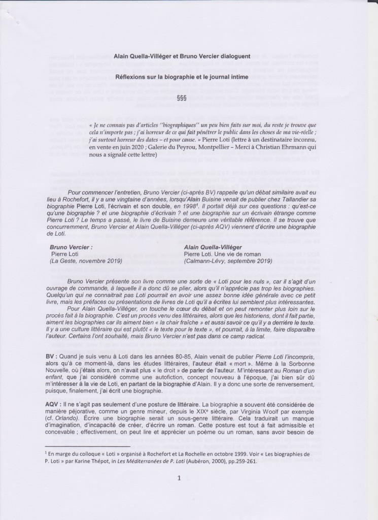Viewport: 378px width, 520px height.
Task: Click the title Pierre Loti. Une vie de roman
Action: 222,254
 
